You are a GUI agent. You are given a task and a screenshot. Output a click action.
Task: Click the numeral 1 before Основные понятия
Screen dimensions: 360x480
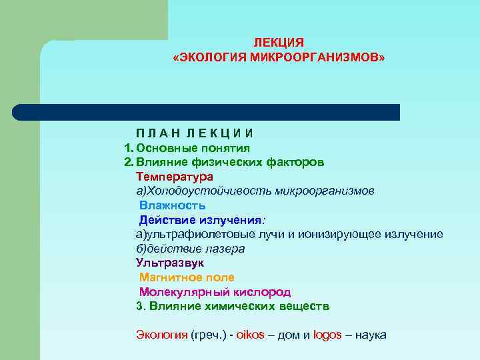click(x=128, y=147)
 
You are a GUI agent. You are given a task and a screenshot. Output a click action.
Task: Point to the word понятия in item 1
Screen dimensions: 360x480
click(x=225, y=147)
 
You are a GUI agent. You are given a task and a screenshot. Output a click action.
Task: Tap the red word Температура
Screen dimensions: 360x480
click(x=175, y=177)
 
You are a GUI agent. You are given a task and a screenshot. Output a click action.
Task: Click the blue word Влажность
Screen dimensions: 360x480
click(x=172, y=205)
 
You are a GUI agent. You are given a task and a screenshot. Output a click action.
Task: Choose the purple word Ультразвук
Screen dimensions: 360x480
click(x=170, y=263)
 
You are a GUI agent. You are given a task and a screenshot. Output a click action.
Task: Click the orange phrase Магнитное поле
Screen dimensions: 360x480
click(x=187, y=277)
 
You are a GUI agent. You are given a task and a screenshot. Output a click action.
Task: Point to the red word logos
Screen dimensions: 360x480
click(x=328, y=335)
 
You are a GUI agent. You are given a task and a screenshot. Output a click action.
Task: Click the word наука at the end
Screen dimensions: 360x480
click(x=371, y=335)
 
